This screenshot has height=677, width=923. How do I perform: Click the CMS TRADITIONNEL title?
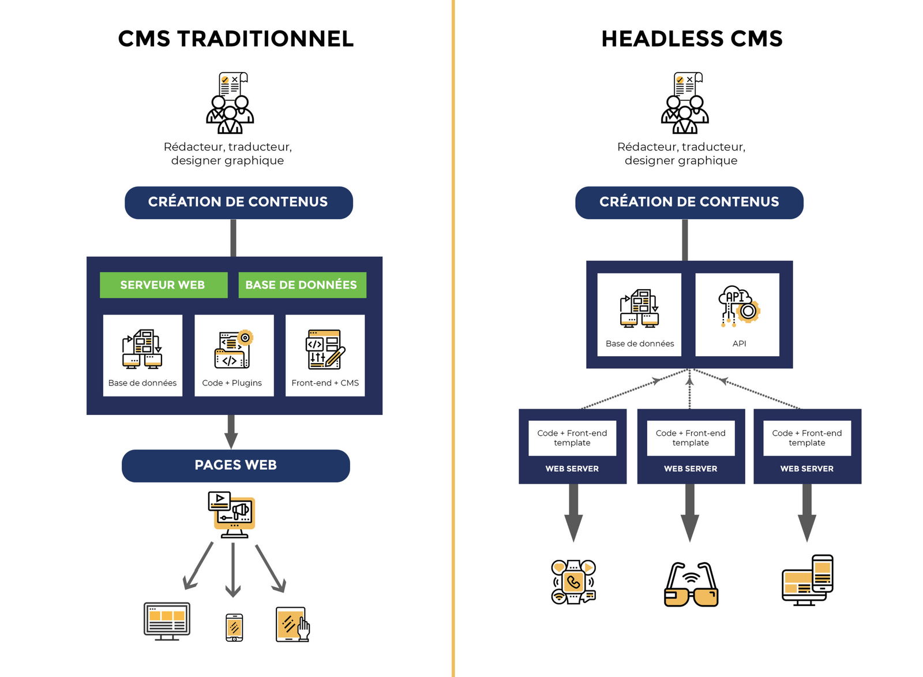tap(235, 39)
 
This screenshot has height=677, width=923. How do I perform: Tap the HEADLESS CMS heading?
tap(692, 39)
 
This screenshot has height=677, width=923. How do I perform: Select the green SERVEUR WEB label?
tap(163, 285)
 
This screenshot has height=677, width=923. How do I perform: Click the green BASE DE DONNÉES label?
tap(302, 285)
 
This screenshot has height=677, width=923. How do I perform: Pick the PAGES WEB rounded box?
tap(235, 465)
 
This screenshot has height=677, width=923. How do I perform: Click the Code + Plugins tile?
tap(234, 355)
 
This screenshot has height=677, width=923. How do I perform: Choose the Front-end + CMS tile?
tap(325, 355)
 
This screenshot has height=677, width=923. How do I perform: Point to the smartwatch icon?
tap(573, 582)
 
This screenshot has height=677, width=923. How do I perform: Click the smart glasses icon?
tap(691, 585)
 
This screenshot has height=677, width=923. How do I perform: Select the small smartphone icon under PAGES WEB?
tap(234, 627)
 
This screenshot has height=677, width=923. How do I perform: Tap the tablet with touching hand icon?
tap(293, 624)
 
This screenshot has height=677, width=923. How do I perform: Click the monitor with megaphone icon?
tap(232, 513)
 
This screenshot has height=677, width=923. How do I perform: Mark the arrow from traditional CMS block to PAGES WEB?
tap(231, 431)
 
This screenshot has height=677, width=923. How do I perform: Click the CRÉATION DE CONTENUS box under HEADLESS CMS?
tap(689, 203)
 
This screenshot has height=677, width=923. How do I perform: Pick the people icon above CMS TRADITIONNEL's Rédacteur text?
tap(230, 103)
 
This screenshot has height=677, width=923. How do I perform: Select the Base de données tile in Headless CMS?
tap(639, 315)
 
